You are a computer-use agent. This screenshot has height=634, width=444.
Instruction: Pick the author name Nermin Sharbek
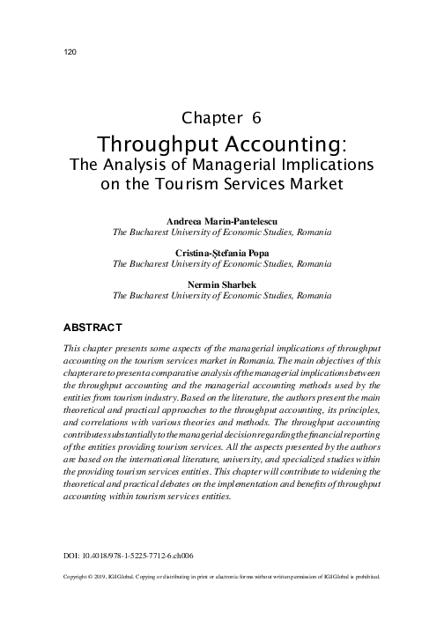pyautogui.click(x=221, y=284)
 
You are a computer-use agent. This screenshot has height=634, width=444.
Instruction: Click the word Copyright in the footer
pyautogui.click(x=78, y=578)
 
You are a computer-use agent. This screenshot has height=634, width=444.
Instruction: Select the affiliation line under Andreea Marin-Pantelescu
pyautogui.click(x=221, y=232)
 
